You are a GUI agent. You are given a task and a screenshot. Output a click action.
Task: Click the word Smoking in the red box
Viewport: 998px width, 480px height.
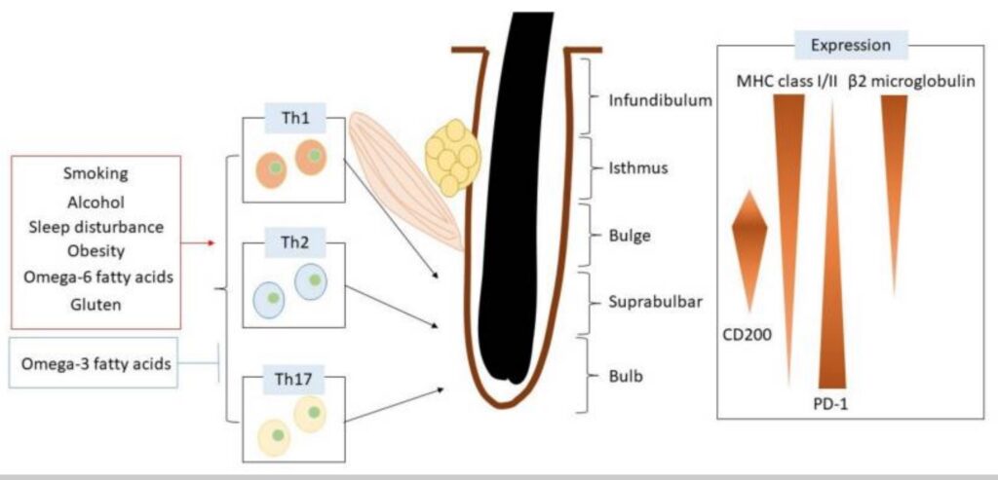tap(95, 175)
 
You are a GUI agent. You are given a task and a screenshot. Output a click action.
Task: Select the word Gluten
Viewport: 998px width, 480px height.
tap(95, 303)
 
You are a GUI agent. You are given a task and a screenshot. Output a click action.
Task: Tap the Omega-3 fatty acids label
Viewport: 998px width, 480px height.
tap(96, 364)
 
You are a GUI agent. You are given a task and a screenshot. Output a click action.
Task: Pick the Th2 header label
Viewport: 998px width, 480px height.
tap(293, 240)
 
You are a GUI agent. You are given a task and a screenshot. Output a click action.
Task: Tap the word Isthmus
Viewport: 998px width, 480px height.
tap(638, 167)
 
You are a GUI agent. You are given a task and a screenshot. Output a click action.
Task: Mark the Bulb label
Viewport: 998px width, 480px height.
tap(626, 374)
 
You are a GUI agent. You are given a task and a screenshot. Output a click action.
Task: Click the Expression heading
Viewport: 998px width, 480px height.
tap(851, 45)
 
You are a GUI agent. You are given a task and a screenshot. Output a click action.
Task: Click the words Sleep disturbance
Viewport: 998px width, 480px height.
tap(95, 226)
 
